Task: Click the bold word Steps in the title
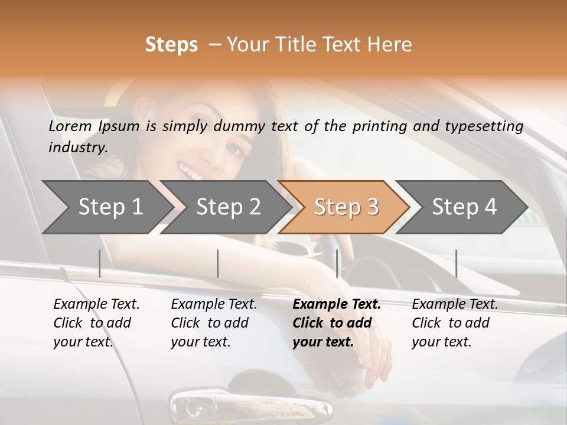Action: [x=171, y=45]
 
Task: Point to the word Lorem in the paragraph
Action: [x=70, y=126]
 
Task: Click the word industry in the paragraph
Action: [x=78, y=148]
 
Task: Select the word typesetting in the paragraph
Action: [x=488, y=126]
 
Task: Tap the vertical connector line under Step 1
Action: [x=99, y=263]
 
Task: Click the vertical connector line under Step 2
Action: [x=218, y=263]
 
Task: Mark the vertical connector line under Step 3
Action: [x=337, y=263]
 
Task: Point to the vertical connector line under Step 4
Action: [x=456, y=263]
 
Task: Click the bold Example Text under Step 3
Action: [x=337, y=305]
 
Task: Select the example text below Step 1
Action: [x=96, y=323]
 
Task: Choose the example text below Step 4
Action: [x=455, y=323]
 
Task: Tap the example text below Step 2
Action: [x=214, y=323]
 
